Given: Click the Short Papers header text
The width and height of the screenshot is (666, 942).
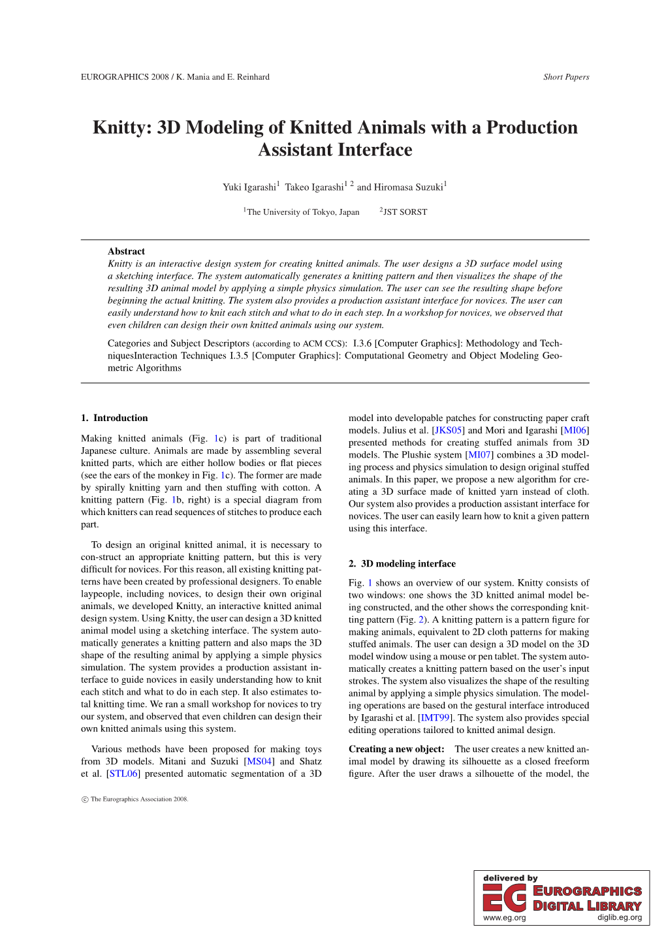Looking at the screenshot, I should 565,77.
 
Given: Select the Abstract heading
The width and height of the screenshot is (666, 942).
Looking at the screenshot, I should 126,251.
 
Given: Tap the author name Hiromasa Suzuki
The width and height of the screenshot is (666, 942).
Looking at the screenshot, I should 408,187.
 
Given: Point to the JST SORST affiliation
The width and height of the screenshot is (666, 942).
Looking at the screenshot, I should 405,212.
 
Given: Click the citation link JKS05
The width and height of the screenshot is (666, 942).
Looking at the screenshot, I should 449,430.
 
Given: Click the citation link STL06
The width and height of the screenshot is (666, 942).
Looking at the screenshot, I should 123,774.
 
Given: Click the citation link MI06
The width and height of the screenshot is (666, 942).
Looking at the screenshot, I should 575,430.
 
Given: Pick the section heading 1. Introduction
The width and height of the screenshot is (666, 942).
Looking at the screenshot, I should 114,418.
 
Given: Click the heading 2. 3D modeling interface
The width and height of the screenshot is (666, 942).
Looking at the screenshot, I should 402,563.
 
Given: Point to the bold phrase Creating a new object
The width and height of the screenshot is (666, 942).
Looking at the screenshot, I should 396,749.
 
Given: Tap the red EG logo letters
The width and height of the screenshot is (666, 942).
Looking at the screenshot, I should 504,898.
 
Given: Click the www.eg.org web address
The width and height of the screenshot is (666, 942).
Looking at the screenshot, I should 504,918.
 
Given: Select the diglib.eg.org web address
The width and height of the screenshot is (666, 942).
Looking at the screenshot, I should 619,918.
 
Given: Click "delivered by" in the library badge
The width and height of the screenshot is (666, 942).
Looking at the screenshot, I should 510,878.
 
